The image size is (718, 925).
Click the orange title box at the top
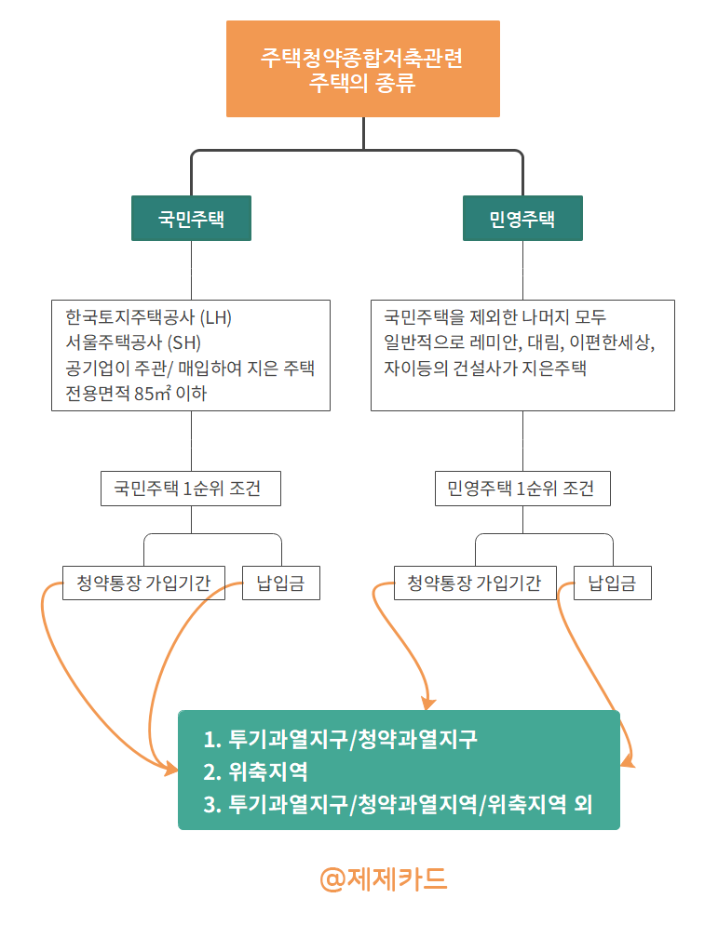coord(362,69)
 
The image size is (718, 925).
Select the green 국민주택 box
coord(191,219)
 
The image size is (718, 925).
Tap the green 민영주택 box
coord(522,219)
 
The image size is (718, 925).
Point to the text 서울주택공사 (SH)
coord(128,342)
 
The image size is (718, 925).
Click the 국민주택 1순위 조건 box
coord(191,489)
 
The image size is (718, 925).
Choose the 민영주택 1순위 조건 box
coord(522,489)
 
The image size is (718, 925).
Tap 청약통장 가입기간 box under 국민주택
coord(143,583)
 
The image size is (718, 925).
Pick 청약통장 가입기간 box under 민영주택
coord(475,583)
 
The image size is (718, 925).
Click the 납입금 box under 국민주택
coord(280,583)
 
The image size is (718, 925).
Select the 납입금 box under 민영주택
coord(612,583)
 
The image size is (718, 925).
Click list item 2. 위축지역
coord(255,771)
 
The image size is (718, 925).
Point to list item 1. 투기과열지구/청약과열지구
coord(340,740)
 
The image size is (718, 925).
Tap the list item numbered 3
coord(398,803)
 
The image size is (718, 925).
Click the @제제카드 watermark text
coord(383,878)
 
